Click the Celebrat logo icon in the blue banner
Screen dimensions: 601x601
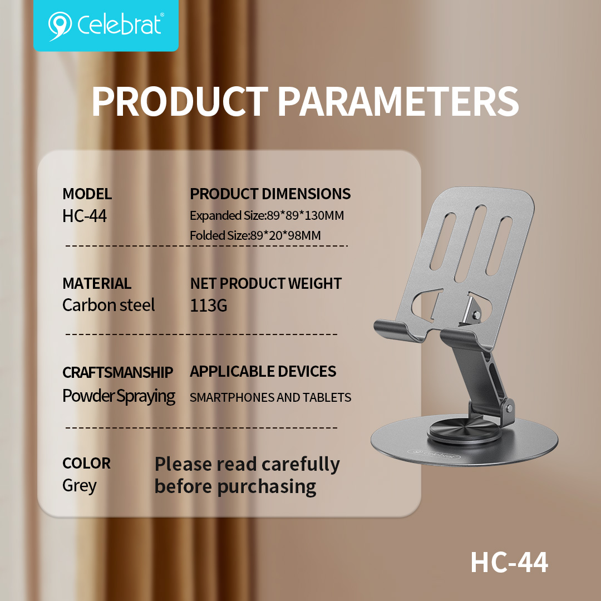60,25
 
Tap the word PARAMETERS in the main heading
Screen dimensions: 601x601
398,102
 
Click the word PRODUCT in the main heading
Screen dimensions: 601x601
180,102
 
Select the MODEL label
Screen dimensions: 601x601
87,194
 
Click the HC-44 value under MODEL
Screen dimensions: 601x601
85,216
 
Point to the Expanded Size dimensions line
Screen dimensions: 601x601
267,216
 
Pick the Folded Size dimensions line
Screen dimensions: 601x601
255,235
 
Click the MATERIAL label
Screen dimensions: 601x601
97,284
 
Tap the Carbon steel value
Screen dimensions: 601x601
109,306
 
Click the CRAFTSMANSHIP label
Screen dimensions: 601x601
117,372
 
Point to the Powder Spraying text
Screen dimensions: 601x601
119,396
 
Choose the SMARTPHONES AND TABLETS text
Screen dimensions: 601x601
270,397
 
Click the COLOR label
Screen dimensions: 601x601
86,464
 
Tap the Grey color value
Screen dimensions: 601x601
80,486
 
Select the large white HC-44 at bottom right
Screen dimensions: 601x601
509,563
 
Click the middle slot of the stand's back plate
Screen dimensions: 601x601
470,244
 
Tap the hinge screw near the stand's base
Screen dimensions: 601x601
509,408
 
